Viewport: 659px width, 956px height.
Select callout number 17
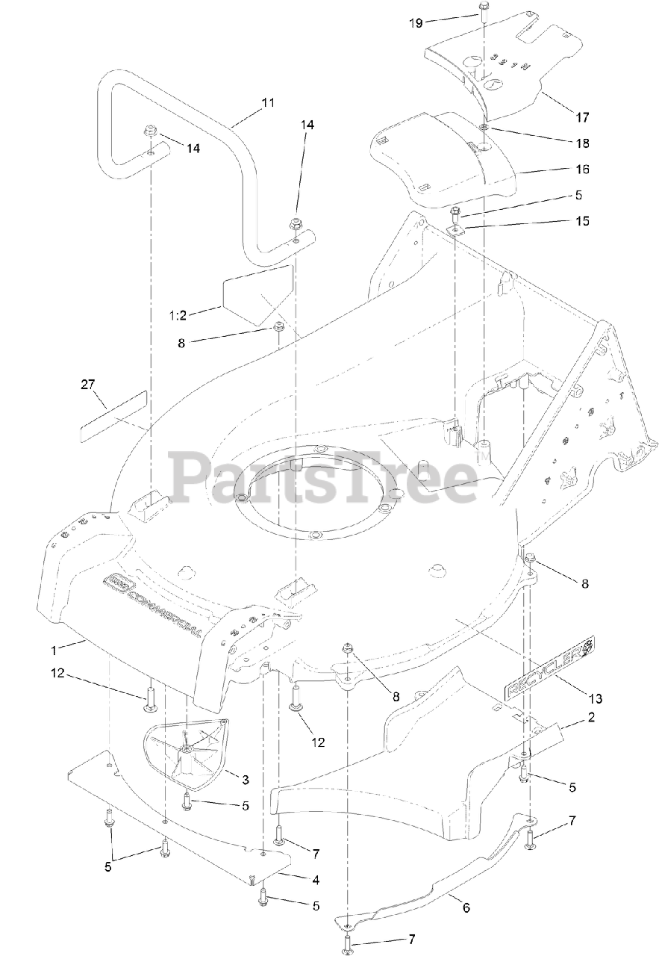click(582, 117)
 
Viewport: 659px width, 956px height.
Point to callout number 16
click(582, 170)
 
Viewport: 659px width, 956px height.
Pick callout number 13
click(595, 698)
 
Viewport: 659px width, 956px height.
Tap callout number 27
click(88, 385)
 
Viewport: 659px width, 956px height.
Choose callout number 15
click(582, 221)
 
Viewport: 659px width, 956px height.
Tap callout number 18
click(582, 142)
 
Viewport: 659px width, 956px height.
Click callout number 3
click(245, 780)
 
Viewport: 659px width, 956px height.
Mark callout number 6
click(466, 908)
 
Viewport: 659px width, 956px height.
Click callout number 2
click(591, 718)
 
